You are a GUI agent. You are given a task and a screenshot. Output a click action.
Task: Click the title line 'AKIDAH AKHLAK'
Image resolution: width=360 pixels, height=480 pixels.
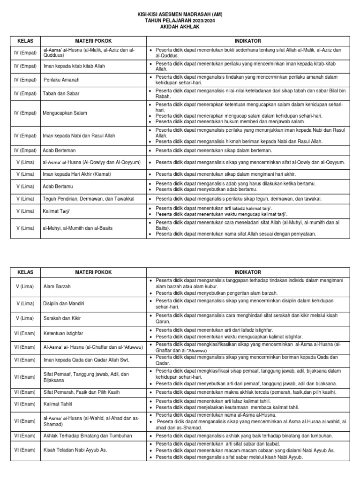tap(180, 27)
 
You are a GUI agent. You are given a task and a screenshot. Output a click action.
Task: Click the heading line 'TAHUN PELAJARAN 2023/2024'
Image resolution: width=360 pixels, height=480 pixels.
tap(180, 21)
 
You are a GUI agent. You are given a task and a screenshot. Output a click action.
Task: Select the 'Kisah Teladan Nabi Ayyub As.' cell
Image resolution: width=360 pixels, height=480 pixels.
tap(75, 450)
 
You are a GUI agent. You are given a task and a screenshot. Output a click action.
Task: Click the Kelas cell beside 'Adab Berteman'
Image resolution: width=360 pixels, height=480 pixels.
tap(25, 150)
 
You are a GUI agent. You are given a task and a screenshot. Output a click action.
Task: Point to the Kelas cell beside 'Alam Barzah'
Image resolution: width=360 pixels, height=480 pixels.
tap(25, 286)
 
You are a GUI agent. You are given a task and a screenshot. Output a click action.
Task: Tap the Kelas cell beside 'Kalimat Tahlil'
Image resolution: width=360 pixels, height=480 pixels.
tap(25, 404)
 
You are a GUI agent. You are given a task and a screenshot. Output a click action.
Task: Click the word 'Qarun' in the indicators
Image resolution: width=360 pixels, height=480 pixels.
tap(163, 322)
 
